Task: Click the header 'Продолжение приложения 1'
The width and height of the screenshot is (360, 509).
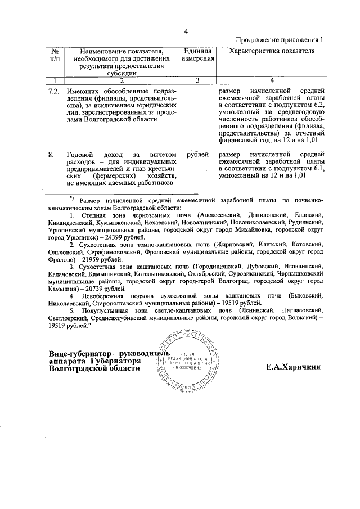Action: point(280,40)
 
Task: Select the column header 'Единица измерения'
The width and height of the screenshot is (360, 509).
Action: point(197,55)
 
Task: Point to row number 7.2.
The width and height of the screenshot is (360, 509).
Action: point(54,91)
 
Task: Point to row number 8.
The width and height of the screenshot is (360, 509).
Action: point(51,154)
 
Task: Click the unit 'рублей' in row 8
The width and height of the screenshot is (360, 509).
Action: point(197,154)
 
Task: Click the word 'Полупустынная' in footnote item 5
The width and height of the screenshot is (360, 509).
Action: point(103,310)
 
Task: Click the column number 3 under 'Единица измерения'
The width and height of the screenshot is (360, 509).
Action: point(197,80)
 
